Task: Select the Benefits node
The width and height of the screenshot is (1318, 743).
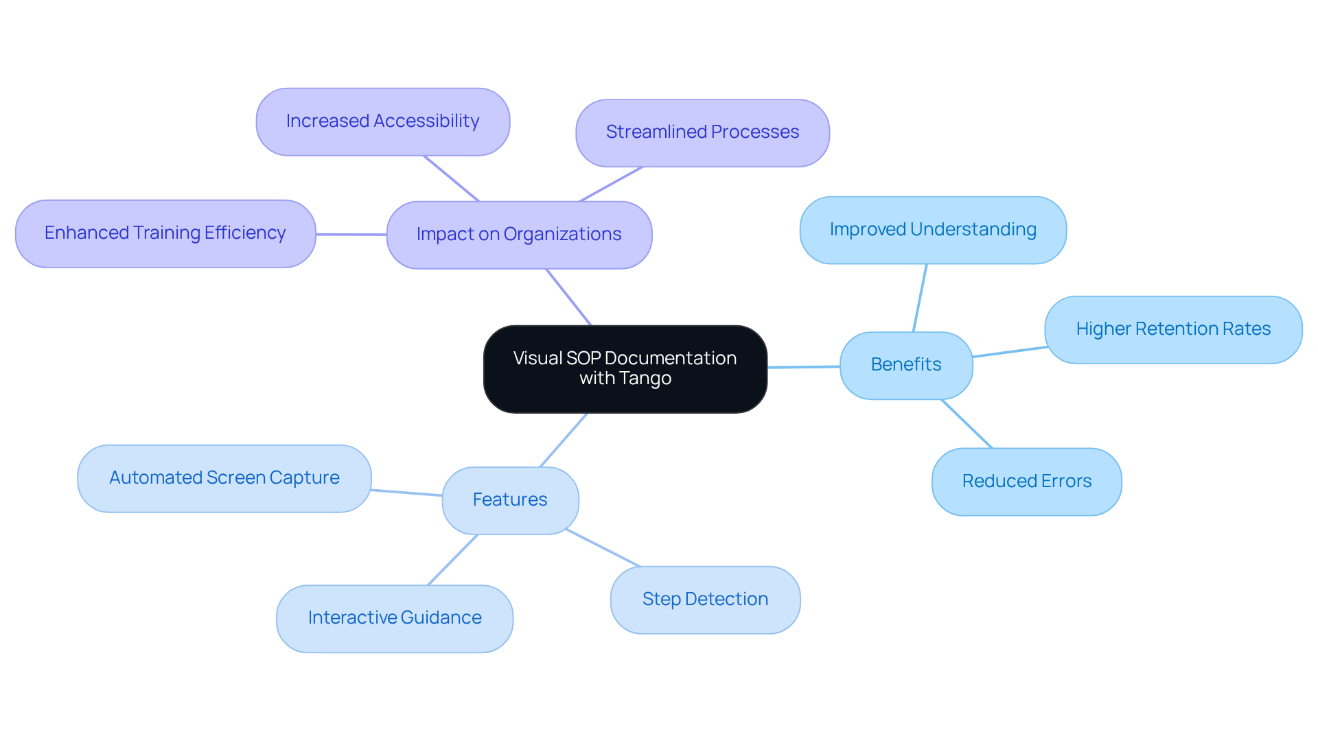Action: tap(905, 365)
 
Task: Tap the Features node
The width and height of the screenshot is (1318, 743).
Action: tap(510, 500)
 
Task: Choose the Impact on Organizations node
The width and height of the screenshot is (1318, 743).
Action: tap(519, 235)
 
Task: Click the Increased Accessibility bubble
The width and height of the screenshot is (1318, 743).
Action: tap(382, 121)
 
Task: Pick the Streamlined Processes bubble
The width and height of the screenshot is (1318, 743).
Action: tap(702, 132)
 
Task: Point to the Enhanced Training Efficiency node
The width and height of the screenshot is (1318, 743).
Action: tap(165, 233)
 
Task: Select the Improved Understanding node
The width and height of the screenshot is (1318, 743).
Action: tap(932, 230)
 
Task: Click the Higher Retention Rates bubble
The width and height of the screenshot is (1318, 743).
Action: tap(1172, 329)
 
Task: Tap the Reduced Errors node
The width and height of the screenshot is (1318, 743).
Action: tap(1026, 482)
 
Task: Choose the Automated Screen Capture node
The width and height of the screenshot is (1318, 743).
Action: tap(224, 478)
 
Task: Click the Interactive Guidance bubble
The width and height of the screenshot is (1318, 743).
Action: tap(394, 618)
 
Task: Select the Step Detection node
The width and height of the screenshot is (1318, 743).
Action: tap(705, 600)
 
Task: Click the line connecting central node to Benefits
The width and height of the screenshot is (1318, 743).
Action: tap(803, 367)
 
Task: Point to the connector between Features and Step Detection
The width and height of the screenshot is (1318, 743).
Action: tap(603, 548)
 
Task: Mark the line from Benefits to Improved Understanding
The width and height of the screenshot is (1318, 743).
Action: tap(920, 298)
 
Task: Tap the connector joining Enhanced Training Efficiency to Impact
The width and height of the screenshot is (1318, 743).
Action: tap(351, 234)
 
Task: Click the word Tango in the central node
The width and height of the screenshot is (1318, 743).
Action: tap(645, 378)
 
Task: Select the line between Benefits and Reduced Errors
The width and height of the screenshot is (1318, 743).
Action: tap(967, 423)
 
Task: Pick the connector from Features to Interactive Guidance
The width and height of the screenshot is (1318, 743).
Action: tap(452, 560)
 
